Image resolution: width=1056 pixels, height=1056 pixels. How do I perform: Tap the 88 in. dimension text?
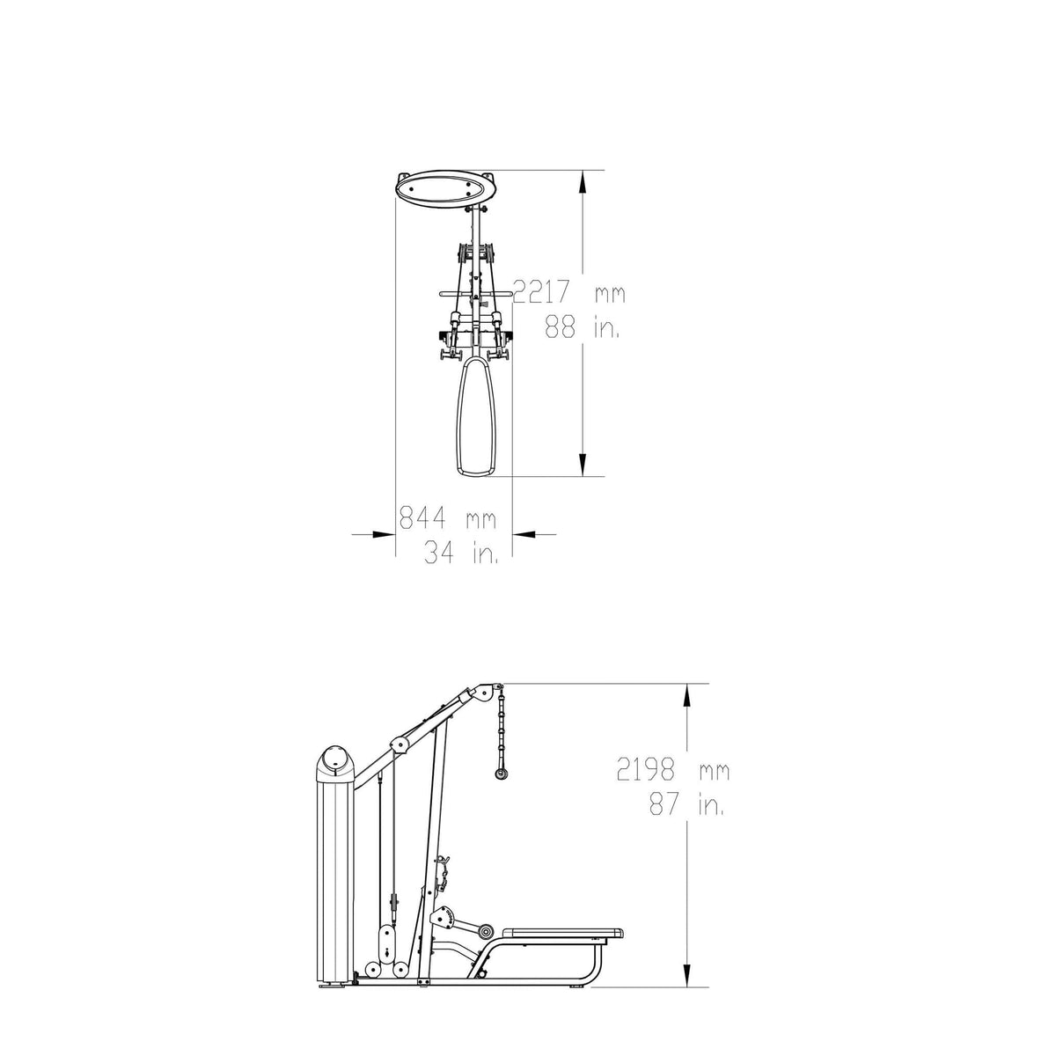tap(582, 327)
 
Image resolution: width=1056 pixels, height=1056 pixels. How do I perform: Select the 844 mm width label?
tap(447, 517)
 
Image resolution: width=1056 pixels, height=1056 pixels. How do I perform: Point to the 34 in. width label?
tap(461, 553)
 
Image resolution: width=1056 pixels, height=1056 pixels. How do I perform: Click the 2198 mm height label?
tap(673, 769)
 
